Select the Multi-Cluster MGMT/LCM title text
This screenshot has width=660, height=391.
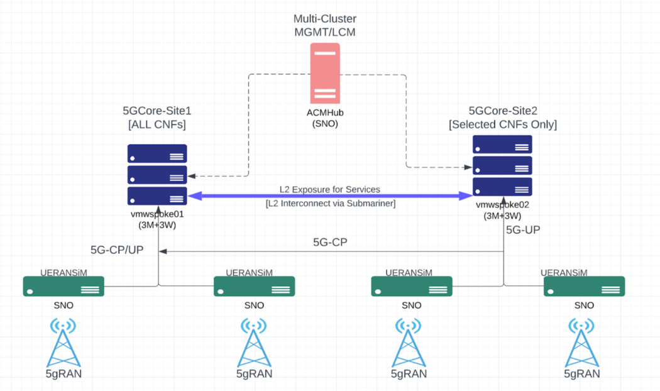324,25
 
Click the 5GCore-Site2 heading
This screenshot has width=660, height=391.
503,118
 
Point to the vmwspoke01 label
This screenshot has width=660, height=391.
157,213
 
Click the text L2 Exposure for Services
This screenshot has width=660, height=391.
330,189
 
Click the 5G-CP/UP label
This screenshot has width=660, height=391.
117,249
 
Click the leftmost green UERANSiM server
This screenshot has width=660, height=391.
63,287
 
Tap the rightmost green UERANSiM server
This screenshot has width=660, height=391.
584,287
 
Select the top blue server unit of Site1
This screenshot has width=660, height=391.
157,153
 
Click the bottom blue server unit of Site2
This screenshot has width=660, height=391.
502,187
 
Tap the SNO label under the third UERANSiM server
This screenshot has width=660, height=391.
411,306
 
